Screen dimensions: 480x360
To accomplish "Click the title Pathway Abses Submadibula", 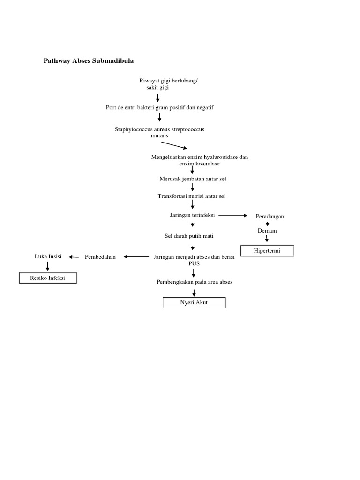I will [89, 61].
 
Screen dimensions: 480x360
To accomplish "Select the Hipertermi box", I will [267, 251].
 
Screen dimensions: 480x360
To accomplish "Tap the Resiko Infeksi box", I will [47, 278].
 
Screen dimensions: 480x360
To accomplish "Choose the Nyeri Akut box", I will [194, 303].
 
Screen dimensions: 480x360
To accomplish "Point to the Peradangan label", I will [270, 216].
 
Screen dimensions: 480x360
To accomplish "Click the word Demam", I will [267, 231].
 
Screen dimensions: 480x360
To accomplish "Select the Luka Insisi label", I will [48, 256].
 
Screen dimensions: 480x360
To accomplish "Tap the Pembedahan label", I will [100, 257].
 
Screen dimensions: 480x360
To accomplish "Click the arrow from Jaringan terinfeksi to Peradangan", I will [233, 215].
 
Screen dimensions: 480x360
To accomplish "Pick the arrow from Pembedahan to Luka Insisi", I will [74, 257].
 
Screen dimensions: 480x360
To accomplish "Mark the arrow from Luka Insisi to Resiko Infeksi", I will [48, 266].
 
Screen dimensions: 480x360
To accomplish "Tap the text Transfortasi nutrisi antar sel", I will [195, 196].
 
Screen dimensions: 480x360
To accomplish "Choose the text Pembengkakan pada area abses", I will [195, 282].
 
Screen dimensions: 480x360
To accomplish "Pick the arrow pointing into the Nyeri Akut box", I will [194, 292].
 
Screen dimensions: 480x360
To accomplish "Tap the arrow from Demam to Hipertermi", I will [267, 239].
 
